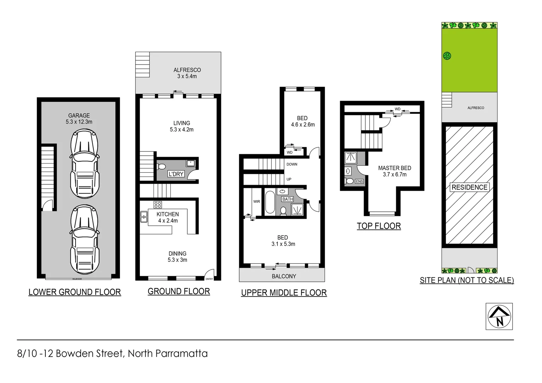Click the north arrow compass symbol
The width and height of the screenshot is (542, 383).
click(x=499, y=316)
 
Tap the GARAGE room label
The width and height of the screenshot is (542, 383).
click(x=79, y=116)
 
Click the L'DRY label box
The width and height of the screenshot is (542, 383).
click(x=176, y=174)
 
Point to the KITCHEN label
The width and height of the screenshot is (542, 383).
click(x=168, y=214)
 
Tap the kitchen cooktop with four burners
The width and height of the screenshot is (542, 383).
click(x=157, y=204)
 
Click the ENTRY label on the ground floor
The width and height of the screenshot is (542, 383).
click(x=209, y=279)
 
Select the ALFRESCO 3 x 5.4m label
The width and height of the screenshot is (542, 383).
click(x=187, y=73)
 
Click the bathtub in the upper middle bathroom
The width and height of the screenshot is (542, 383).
click(x=270, y=202)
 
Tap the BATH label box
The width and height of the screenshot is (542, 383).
click(x=287, y=199)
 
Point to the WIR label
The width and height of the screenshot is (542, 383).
click(x=256, y=201)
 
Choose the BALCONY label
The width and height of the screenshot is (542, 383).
click(x=284, y=276)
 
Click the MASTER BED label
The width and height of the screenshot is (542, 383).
click(x=394, y=168)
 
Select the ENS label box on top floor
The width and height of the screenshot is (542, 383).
click(x=359, y=181)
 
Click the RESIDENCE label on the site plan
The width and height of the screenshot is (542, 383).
click(x=469, y=187)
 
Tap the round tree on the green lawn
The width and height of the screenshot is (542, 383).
click(x=447, y=56)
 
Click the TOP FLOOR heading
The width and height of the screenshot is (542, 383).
click(x=378, y=226)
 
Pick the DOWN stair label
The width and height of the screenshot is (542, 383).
click(x=292, y=164)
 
